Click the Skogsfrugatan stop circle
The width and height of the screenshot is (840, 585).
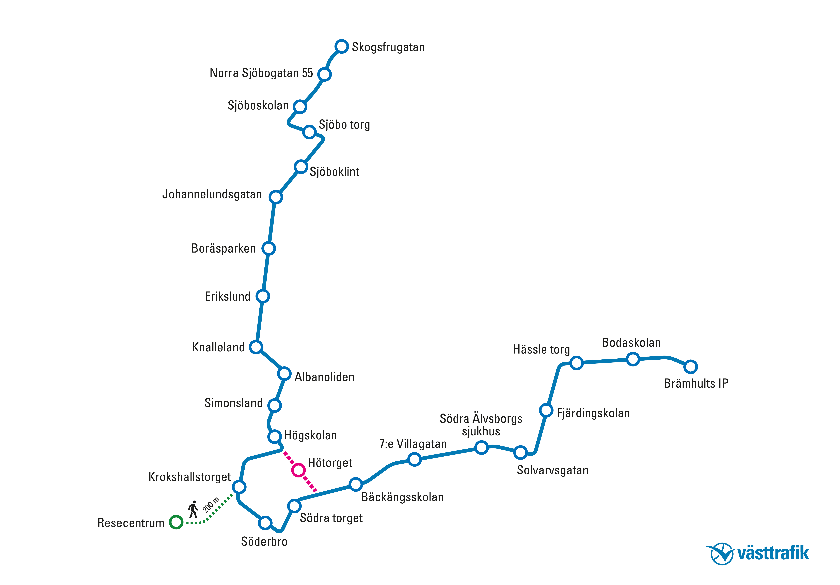click(341, 47)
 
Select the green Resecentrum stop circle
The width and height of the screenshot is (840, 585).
click(176, 522)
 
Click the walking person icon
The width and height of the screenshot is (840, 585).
click(193, 509)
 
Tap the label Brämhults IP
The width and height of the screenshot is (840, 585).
click(696, 383)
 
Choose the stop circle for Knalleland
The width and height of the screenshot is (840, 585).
click(256, 347)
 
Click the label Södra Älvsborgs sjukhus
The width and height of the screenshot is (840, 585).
click(481, 425)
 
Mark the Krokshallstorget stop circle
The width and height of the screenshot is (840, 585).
click(239, 487)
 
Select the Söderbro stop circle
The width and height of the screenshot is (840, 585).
click(265, 523)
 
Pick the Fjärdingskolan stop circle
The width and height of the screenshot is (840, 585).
click(546, 410)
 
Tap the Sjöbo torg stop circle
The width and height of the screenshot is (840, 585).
click(310, 132)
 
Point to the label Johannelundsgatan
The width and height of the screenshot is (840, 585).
click(212, 194)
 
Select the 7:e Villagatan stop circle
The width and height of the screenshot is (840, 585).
click(414, 459)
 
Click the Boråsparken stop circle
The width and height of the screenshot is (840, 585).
click(268, 248)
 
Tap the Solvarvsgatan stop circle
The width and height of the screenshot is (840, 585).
click(520, 452)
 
